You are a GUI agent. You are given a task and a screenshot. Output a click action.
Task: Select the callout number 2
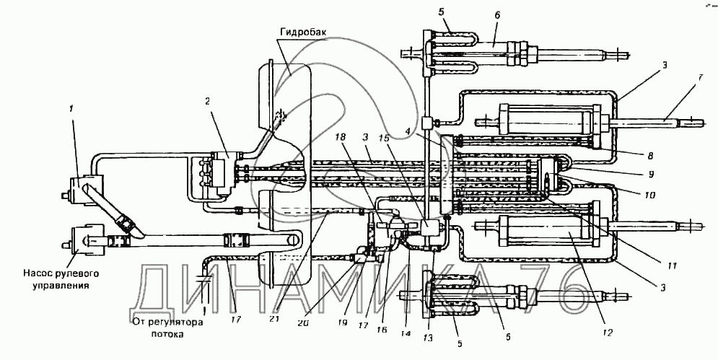(x=208, y=101)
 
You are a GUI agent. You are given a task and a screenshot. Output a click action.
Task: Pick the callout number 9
(x=651, y=175)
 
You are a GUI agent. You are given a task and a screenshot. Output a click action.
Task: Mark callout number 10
(x=649, y=196)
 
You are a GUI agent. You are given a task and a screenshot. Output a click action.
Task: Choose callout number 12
(x=607, y=333)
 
